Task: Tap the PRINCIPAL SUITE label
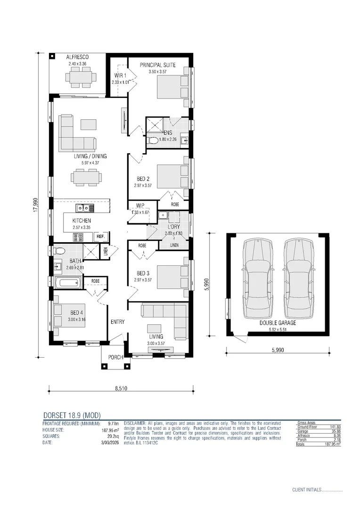coord(158,65)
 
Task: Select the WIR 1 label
coord(120,75)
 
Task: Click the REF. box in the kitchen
coord(100,236)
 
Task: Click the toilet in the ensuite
coord(153,140)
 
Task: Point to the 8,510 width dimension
coord(122,389)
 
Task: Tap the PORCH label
coord(115,357)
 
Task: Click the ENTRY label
coord(117,322)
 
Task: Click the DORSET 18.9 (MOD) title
coord(72,415)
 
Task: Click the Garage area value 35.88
coord(335,431)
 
